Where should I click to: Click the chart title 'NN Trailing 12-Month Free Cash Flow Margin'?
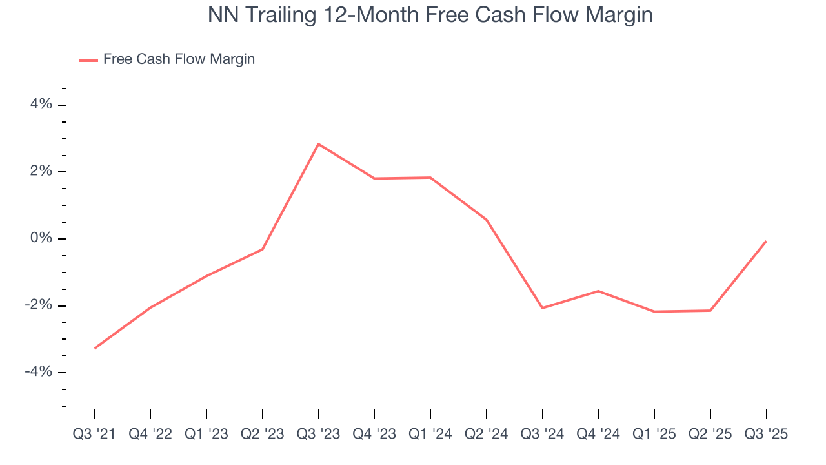coord(430,15)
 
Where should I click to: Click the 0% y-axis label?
coord(41,238)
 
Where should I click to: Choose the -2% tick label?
coord(38,305)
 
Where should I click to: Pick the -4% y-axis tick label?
coord(38,372)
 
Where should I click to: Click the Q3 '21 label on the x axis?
coord(94,434)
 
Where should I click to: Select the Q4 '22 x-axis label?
coord(150,434)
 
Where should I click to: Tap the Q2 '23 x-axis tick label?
coord(263,434)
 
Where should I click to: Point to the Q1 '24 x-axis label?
coord(430,434)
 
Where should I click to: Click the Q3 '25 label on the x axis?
coord(767,434)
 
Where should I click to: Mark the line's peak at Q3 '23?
coord(318,144)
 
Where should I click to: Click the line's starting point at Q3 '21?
coord(94,348)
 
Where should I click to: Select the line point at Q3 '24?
coord(542,308)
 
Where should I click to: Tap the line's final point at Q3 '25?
coord(766,242)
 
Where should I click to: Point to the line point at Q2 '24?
coord(487,220)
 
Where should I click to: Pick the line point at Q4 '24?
coord(598,291)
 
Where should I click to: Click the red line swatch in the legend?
coord(88,60)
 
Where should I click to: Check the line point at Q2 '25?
coord(710,311)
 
